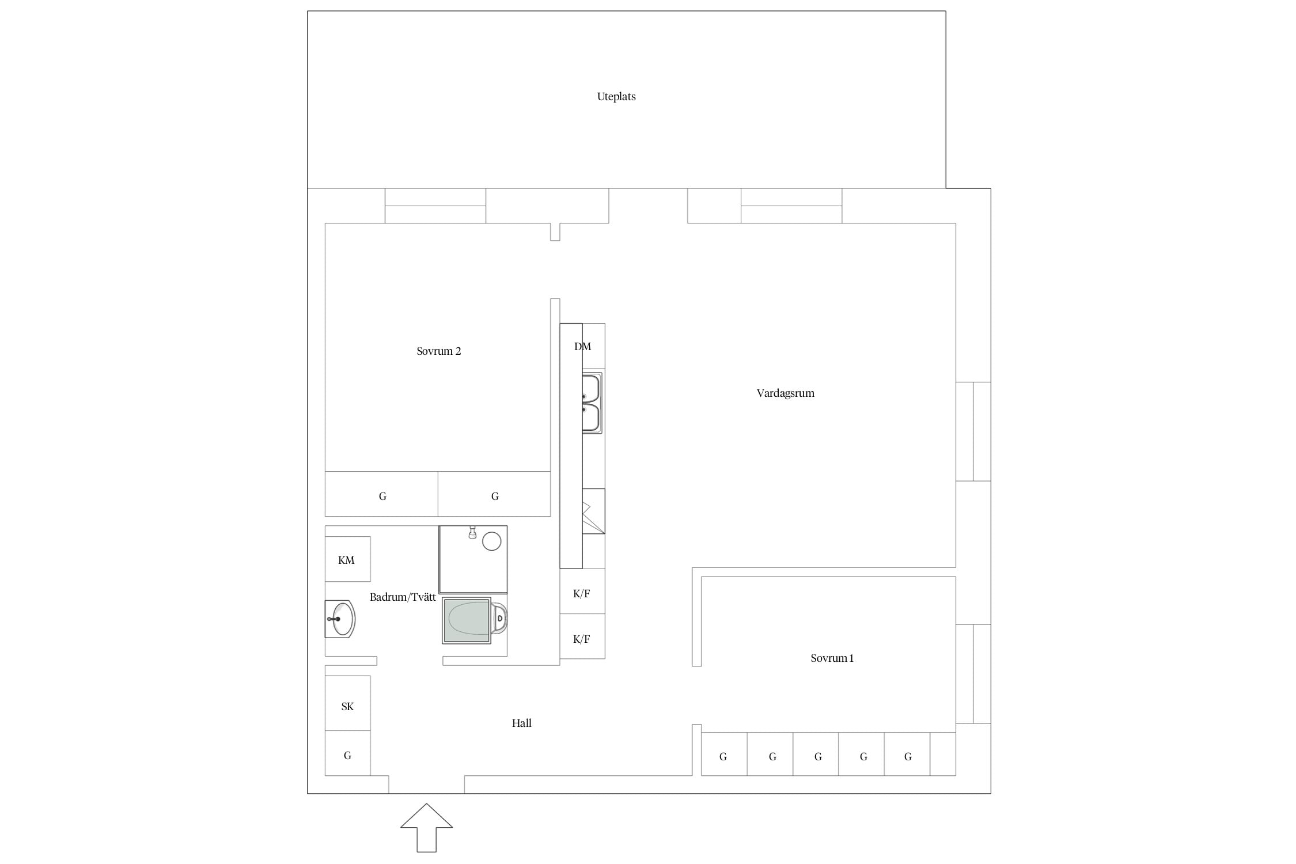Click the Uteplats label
[616, 96]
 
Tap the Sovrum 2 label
[439, 351]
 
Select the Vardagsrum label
[785, 393]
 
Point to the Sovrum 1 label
[832, 658]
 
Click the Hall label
[522, 723]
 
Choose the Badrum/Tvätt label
[403, 597]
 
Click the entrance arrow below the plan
[426, 828]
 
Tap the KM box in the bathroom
[347, 559]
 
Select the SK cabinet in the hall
[347, 703]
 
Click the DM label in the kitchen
[582, 346]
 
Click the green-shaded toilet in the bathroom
[475, 620]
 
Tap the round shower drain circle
[491, 541]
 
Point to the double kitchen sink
[592, 403]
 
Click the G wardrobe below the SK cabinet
[347, 753]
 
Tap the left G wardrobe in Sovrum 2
[381, 494]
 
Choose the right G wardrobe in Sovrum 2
[494, 494]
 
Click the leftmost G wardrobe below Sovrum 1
[724, 754]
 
